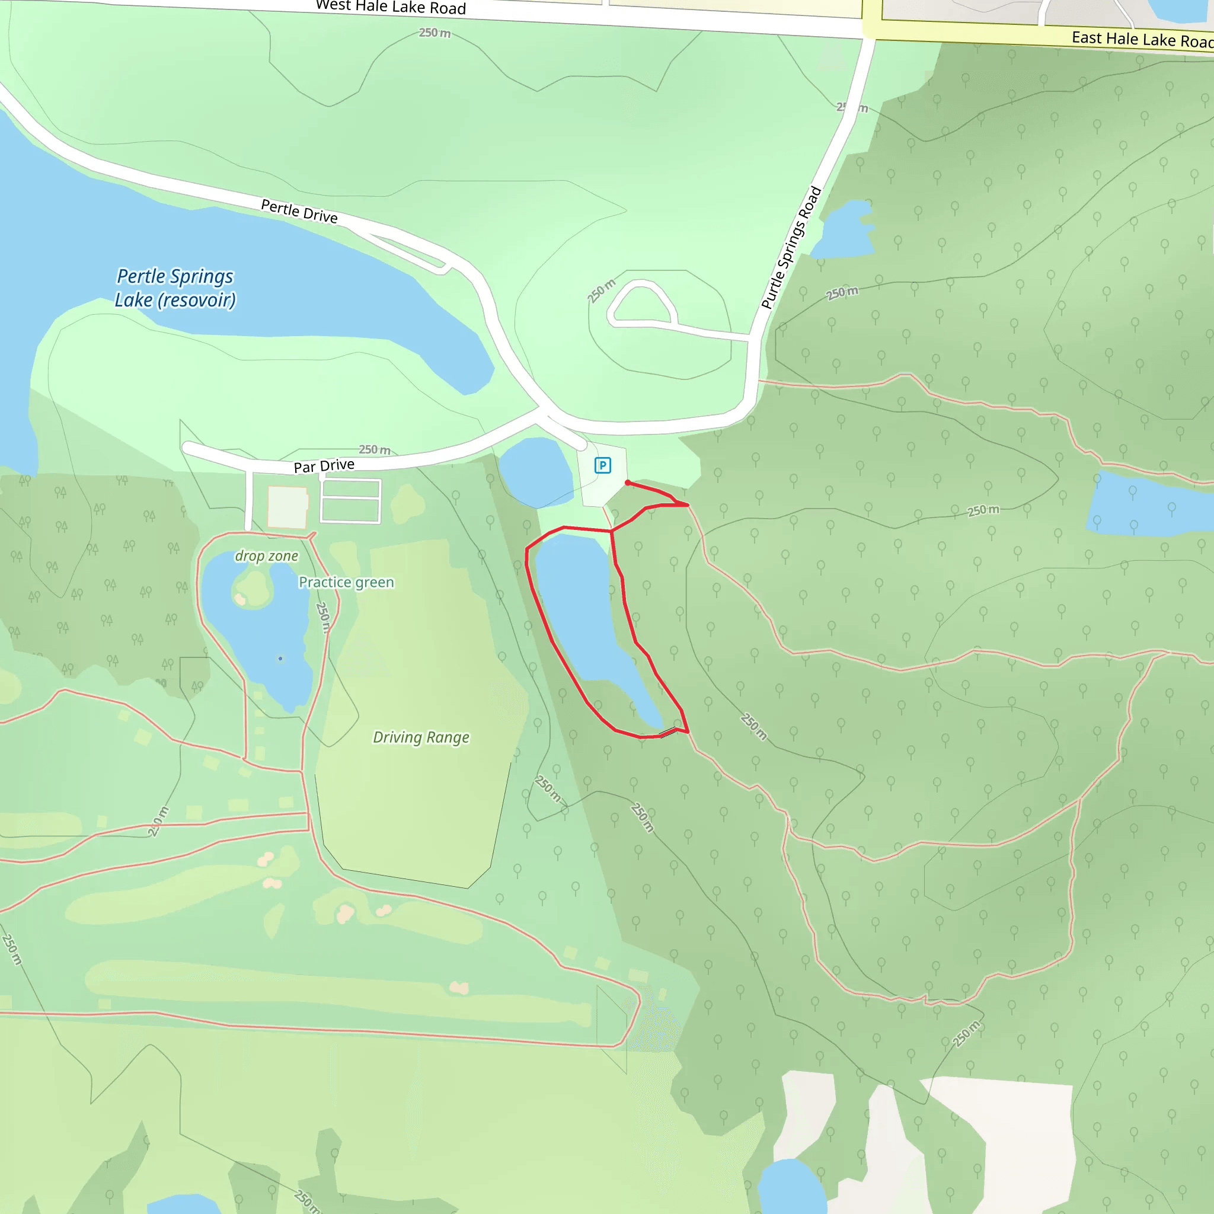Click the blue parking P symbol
tap(603, 465)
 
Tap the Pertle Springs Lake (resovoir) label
tap(175, 287)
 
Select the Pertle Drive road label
tap(299, 211)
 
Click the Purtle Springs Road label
tap(791, 248)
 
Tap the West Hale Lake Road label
tap(391, 8)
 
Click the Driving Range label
tap(421, 737)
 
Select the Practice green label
tap(346, 583)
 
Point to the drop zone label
tap(266, 556)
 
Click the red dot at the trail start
tap(628, 483)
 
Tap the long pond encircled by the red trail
tap(584, 616)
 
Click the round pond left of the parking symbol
tap(536, 472)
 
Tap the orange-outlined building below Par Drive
tap(287, 506)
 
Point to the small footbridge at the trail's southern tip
tap(669, 732)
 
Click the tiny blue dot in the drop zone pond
tap(280, 659)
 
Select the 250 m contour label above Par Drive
tap(375, 449)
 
